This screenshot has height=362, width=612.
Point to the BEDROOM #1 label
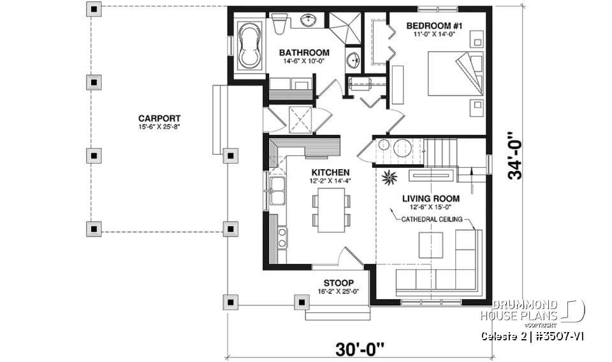coord(433,25)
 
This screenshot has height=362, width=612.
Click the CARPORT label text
coord(159,118)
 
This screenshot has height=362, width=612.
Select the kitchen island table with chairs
coord(331,211)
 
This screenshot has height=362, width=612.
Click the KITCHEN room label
coord(330,172)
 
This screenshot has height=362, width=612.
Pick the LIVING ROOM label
coord(430,198)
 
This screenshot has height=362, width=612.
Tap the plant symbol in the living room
coord(388,178)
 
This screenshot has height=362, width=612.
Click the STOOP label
coord(339,283)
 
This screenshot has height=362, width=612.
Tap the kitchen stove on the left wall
coord(280,237)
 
